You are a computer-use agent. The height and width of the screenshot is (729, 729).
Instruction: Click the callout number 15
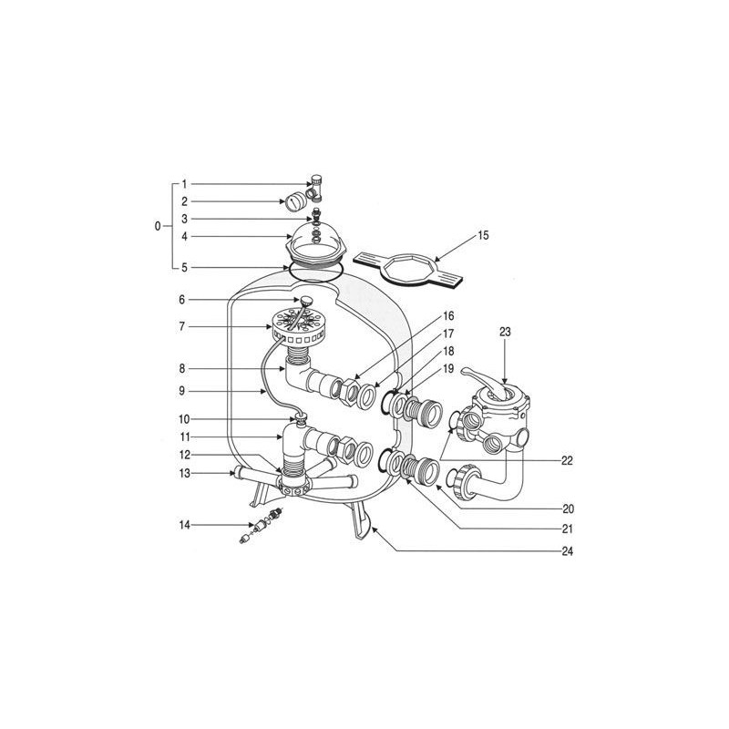coord(483,236)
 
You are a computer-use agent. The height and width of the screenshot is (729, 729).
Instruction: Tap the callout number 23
coord(507,333)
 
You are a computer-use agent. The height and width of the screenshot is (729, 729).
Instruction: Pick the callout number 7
coord(183,325)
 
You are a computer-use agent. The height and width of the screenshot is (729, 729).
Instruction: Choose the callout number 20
coord(569,508)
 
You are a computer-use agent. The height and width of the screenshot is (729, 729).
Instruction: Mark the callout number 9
coord(183,391)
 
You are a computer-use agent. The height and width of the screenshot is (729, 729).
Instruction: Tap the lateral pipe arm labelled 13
coord(248,474)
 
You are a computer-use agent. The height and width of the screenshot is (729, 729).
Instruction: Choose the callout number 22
coord(568,460)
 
